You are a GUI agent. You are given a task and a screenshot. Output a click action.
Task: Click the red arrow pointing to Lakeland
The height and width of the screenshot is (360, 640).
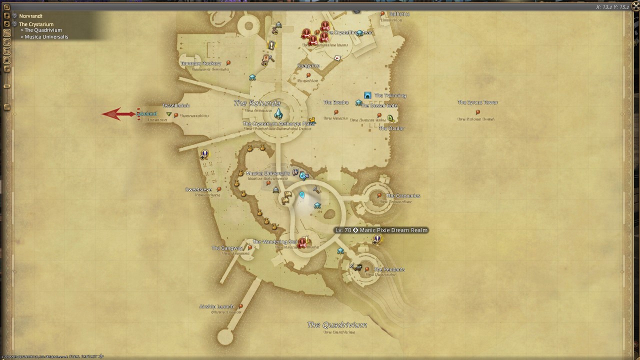[118, 114]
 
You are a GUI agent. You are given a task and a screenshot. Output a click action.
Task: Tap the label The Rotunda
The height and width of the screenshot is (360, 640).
[257, 103]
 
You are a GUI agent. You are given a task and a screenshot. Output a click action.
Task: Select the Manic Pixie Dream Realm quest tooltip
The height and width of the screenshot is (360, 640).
[381, 230]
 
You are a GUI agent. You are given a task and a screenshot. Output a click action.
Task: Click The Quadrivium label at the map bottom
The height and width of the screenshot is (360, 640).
[337, 325]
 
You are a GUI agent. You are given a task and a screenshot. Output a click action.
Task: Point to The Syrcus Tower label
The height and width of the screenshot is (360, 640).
[477, 102]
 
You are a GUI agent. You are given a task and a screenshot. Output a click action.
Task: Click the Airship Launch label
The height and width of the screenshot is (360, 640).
[216, 306]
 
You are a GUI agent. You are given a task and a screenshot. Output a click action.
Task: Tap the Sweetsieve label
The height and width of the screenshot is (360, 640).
[198, 189]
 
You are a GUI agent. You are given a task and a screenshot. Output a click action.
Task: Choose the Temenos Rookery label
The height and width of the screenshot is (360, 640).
[200, 63]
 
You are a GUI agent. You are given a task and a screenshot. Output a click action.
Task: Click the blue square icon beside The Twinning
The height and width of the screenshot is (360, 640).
[367, 95]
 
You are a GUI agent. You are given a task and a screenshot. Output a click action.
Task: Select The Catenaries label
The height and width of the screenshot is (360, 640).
[403, 196]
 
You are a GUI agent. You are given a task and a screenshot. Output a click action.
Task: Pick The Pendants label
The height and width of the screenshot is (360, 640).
[389, 269]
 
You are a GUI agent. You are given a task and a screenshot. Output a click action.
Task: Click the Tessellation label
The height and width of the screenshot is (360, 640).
[175, 105]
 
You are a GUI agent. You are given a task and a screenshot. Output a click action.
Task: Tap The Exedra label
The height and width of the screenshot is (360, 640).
[335, 102]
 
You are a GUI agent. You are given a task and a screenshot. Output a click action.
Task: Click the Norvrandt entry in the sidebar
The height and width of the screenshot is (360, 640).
[30, 16]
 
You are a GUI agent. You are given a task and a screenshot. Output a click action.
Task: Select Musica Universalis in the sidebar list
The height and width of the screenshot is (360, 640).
[46, 37]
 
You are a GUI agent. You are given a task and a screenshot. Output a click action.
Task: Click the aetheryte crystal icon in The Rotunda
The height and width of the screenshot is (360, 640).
[278, 114]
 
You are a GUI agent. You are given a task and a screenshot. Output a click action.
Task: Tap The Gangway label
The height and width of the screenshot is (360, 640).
[227, 248]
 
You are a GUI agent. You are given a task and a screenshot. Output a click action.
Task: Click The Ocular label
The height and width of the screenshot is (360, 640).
[391, 128]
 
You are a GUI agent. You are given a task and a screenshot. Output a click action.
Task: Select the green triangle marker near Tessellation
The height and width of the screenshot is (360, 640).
[169, 114]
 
